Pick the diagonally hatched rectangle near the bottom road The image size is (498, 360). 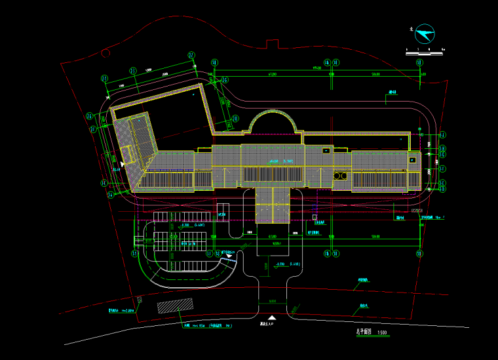(174, 306)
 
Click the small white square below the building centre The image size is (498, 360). (315, 216)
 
